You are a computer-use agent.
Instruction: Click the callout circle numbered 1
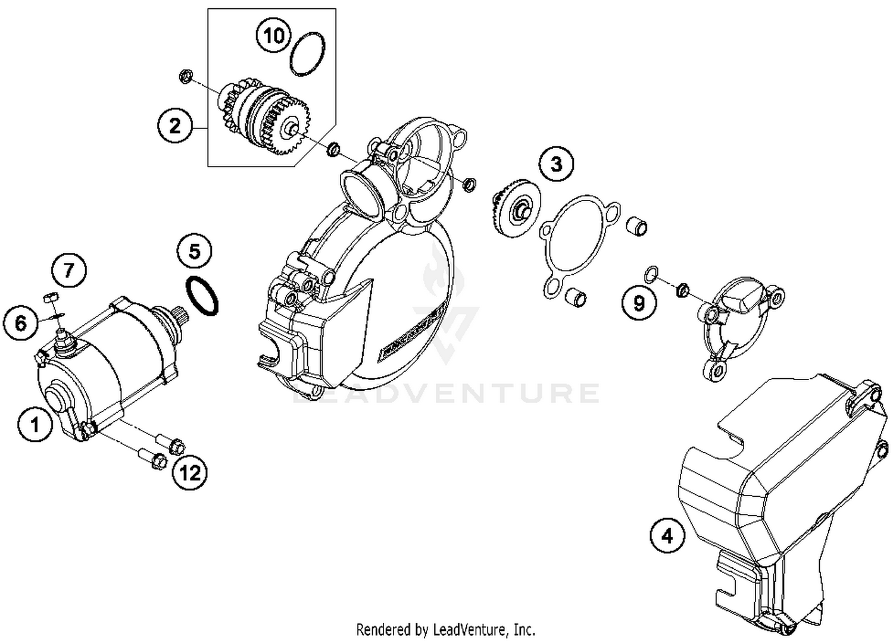[x=35, y=424]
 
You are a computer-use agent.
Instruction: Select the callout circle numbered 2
[x=174, y=126]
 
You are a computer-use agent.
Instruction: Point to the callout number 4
[x=667, y=535]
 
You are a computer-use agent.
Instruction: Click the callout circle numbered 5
[x=195, y=252]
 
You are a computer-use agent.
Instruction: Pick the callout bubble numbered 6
[x=21, y=323]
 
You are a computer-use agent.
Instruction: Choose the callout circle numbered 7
[x=68, y=271]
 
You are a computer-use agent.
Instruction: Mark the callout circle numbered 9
[x=639, y=303]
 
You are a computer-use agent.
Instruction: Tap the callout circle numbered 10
[x=274, y=36]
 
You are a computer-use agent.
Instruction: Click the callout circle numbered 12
[x=190, y=473]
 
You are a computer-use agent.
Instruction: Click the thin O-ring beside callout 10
[x=308, y=54]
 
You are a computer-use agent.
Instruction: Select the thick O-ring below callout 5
[x=202, y=296]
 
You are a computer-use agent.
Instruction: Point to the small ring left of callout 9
[x=651, y=274]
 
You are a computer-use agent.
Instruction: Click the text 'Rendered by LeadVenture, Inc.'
[x=445, y=629]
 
